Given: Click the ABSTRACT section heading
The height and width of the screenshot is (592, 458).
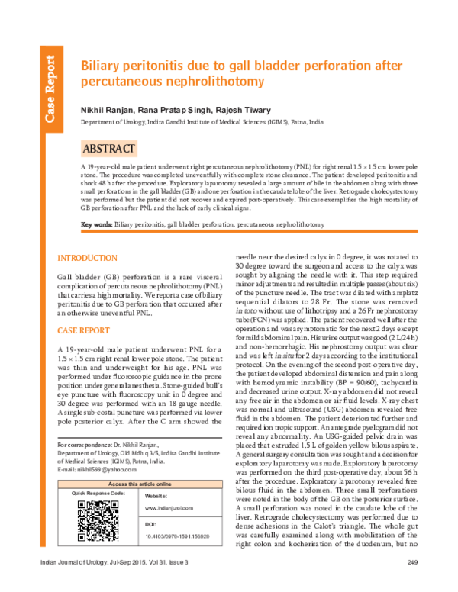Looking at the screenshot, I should (x=110, y=148).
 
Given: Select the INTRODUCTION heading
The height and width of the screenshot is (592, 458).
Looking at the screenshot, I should (x=89, y=259).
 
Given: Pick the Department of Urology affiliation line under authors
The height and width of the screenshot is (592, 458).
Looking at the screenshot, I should (x=202, y=122).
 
